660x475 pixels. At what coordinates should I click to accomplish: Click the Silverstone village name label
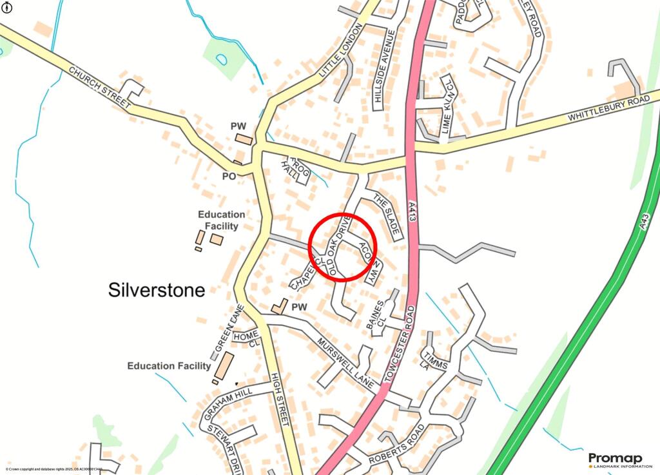click(156, 290)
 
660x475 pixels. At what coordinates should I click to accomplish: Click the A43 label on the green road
click(647, 213)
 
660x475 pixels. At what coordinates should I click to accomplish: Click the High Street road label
click(280, 400)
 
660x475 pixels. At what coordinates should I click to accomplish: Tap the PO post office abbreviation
click(229, 175)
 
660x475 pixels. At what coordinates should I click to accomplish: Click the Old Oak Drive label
click(338, 247)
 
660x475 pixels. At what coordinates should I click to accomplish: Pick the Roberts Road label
click(396, 445)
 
